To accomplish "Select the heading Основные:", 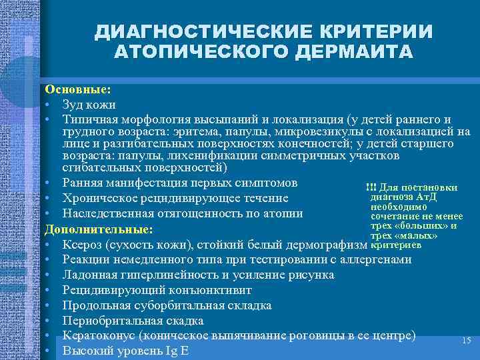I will tap(78, 89).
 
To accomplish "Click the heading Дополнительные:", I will tap(99, 229).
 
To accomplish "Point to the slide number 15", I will tap(466, 341).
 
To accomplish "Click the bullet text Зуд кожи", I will tap(89, 104).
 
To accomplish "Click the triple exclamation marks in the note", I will tap(371, 186).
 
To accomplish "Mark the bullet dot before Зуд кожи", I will tap(49, 105).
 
